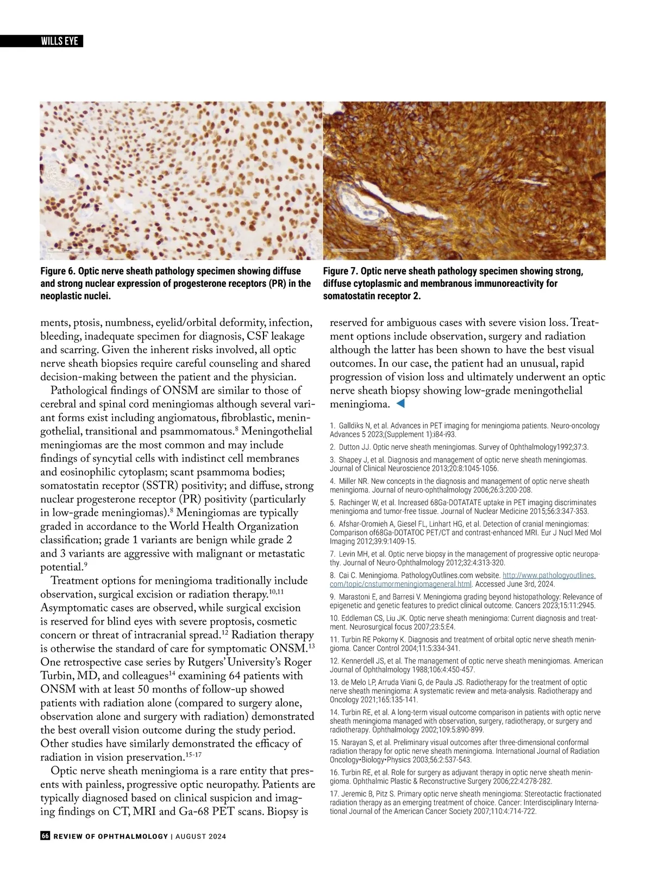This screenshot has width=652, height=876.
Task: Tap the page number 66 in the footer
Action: click(x=45, y=836)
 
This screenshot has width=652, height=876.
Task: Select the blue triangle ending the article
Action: click(x=400, y=404)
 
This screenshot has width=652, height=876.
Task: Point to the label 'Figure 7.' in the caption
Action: click(x=340, y=271)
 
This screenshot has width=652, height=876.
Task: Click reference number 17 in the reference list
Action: click(x=334, y=793)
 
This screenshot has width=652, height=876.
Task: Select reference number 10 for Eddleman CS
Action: click(x=335, y=618)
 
